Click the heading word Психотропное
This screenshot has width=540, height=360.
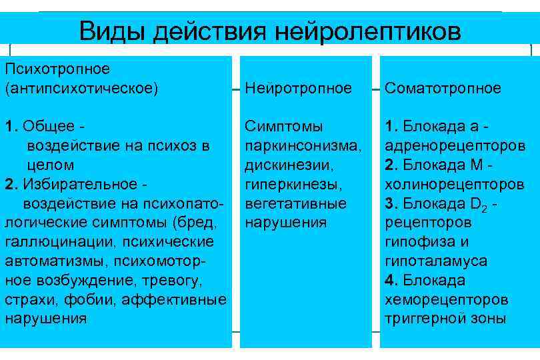(57, 69)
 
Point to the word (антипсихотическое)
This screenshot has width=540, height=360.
(81, 88)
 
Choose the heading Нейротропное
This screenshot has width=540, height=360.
(298, 88)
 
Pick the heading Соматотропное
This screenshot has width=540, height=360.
(443, 88)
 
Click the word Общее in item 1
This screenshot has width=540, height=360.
(45, 126)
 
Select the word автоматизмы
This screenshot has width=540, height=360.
(57, 261)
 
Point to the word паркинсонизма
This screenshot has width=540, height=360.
(303, 145)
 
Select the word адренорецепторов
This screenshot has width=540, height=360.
(455, 145)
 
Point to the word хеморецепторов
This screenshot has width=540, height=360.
(446, 299)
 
